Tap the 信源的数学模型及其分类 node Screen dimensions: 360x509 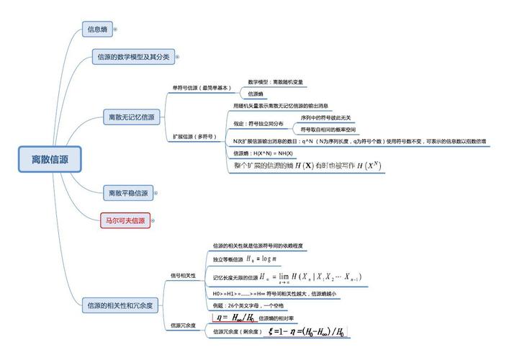point(133,56)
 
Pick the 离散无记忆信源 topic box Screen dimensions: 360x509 point(132,117)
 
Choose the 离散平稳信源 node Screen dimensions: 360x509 point(127,193)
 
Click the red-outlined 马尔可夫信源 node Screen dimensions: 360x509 point(124,220)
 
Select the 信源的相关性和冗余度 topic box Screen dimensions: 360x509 point(118,305)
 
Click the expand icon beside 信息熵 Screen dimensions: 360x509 point(115,30)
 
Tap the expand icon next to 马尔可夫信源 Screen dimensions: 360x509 point(153,221)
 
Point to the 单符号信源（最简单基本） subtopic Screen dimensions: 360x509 point(201,88)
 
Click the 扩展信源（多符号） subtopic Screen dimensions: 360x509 point(194,136)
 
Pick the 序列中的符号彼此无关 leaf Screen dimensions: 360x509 point(326,117)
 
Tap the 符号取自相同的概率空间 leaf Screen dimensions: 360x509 point(328,130)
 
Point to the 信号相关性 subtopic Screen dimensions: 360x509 point(183,275)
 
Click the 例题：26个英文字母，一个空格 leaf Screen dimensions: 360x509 point(248,306)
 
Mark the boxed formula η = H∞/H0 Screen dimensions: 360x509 point(234,318)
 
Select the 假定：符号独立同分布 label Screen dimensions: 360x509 point(258,124)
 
